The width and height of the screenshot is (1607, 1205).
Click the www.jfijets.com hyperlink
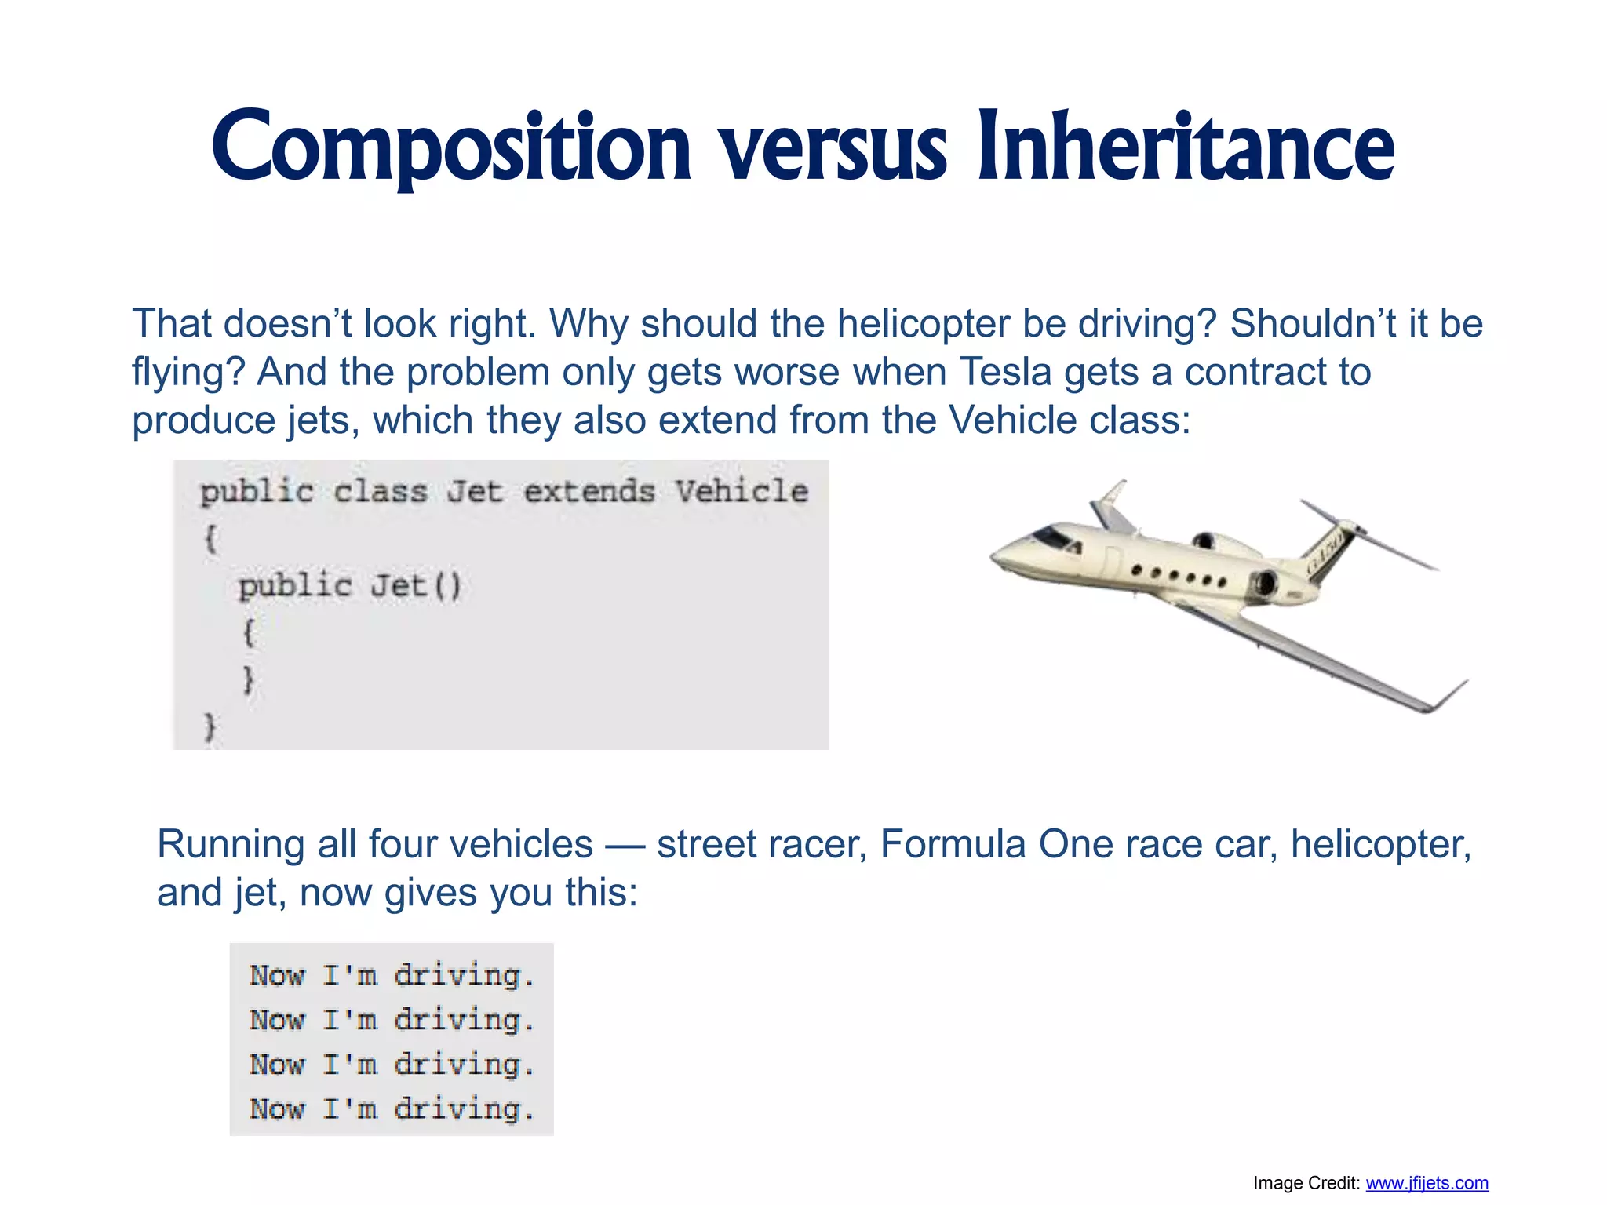click(1427, 1183)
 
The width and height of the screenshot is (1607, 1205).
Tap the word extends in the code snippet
click(589, 492)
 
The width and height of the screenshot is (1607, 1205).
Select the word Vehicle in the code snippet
click(742, 492)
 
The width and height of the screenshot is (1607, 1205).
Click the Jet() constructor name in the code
click(416, 586)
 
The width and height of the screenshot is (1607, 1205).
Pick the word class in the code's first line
click(380, 492)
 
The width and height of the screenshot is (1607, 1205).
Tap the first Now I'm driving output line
click(392, 975)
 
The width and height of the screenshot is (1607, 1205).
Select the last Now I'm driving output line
click(392, 1109)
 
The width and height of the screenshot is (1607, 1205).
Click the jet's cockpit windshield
click(1051, 537)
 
